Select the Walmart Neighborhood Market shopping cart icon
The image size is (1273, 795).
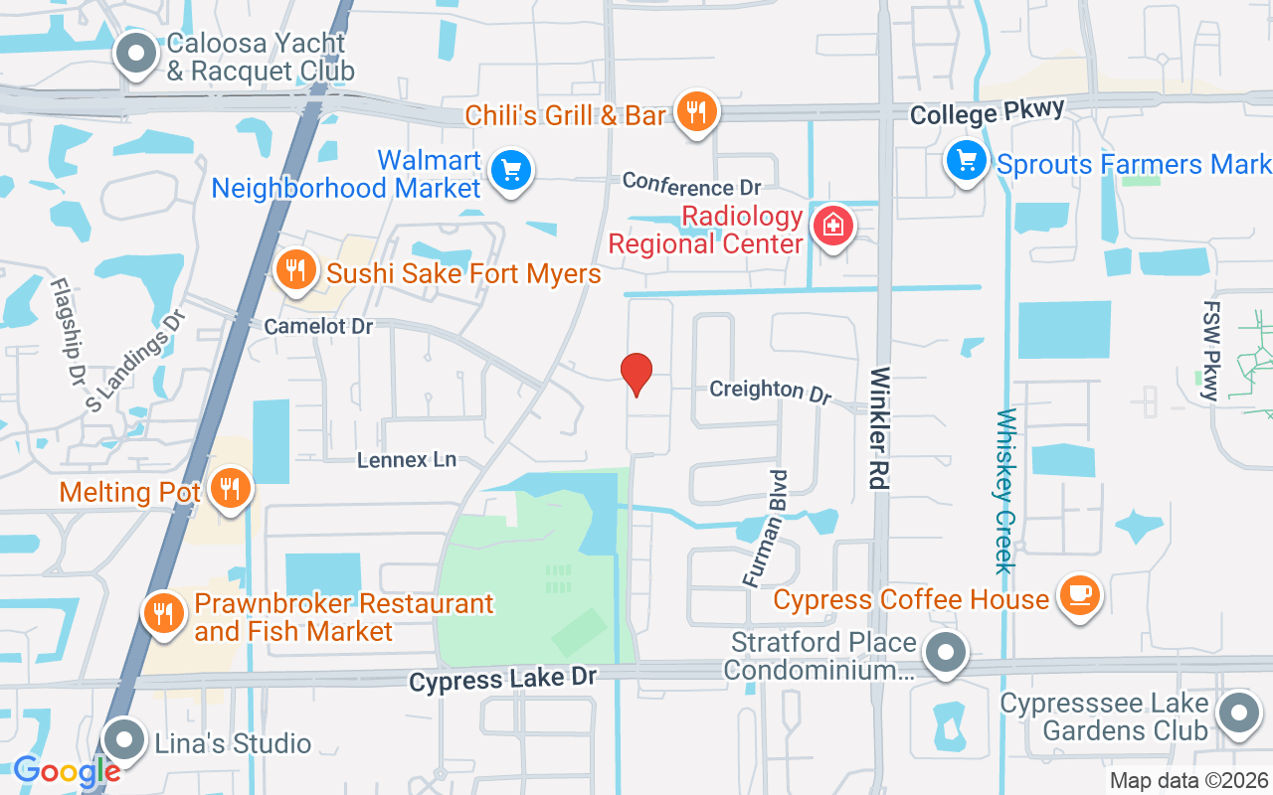pyautogui.click(x=512, y=171)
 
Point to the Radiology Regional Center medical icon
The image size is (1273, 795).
pyautogui.click(x=833, y=225)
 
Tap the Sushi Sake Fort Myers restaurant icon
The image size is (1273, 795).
pyautogui.click(x=295, y=268)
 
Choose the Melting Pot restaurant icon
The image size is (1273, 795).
pyautogui.click(x=231, y=488)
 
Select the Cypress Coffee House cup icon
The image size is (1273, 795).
pyautogui.click(x=1079, y=595)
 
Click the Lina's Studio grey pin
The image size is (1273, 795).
pyautogui.click(x=124, y=739)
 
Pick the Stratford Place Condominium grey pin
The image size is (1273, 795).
pyautogui.click(x=946, y=654)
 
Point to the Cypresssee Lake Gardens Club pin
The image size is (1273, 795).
pyautogui.click(x=1239, y=713)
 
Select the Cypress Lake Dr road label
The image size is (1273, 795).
pyautogui.click(x=503, y=679)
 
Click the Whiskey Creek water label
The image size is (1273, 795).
pyautogui.click(x=1005, y=491)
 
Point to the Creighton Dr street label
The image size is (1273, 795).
pyautogui.click(x=770, y=391)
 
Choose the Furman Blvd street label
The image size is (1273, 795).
pyautogui.click(x=766, y=528)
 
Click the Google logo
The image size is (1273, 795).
pyautogui.click(x=67, y=771)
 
